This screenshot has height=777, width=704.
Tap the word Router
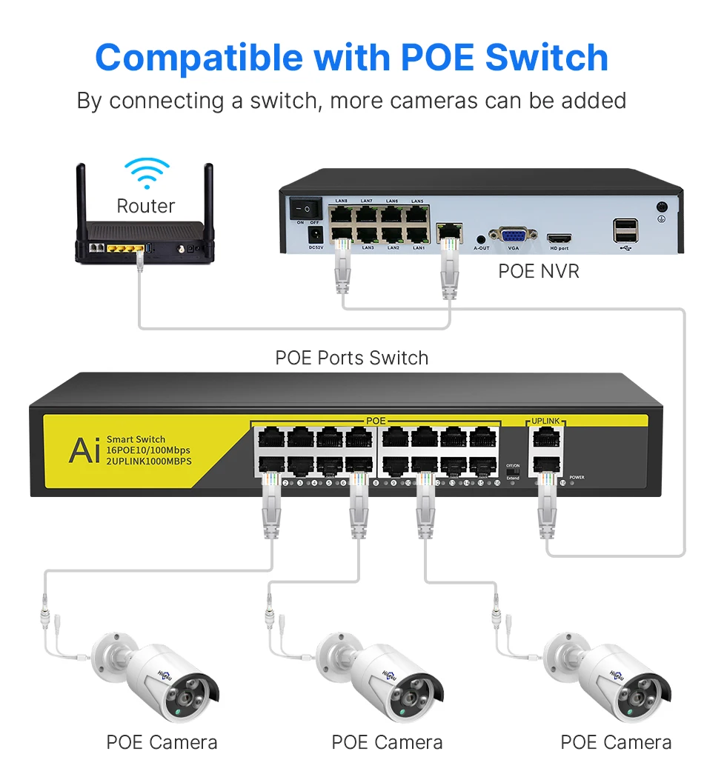click(146, 206)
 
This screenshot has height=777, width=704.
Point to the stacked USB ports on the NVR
click(623, 231)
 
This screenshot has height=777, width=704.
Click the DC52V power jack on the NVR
click(314, 233)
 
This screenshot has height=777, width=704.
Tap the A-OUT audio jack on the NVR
click(482, 239)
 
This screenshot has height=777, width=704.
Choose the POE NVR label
click(539, 271)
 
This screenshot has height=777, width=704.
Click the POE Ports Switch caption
click(351, 358)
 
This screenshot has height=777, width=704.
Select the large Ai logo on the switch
click(84, 450)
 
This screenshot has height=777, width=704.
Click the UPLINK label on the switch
click(545, 421)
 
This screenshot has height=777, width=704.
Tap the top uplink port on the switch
click(545, 438)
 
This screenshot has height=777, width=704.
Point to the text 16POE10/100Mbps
click(148, 450)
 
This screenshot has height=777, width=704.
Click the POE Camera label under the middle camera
click(387, 742)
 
